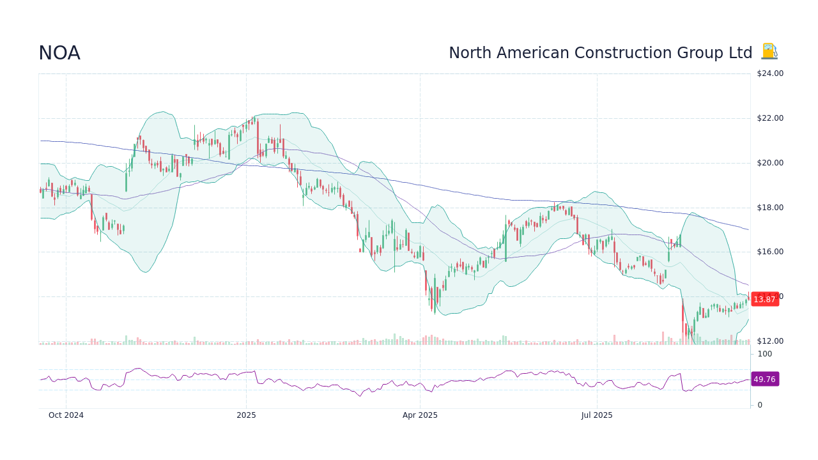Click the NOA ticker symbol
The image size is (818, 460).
[x=59, y=53]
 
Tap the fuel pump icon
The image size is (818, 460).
[x=769, y=52]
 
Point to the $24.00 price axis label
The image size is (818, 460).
[x=769, y=73]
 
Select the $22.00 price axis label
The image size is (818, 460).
[x=769, y=118]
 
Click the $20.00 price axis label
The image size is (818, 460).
[x=769, y=163]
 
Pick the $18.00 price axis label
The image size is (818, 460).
[x=769, y=208]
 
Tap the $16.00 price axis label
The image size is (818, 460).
[x=769, y=252]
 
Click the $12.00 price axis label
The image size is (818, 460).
[x=769, y=341]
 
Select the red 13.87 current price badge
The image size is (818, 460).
[x=764, y=300]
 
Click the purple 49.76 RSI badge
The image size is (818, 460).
[x=764, y=379]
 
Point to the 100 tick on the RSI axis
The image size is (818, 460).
[x=764, y=354]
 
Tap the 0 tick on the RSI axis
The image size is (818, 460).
[x=760, y=405]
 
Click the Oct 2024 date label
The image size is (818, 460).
[x=66, y=415]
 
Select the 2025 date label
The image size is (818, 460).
[x=246, y=415]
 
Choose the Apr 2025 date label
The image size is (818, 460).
[x=420, y=415]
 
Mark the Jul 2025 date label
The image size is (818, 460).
[x=597, y=415]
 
